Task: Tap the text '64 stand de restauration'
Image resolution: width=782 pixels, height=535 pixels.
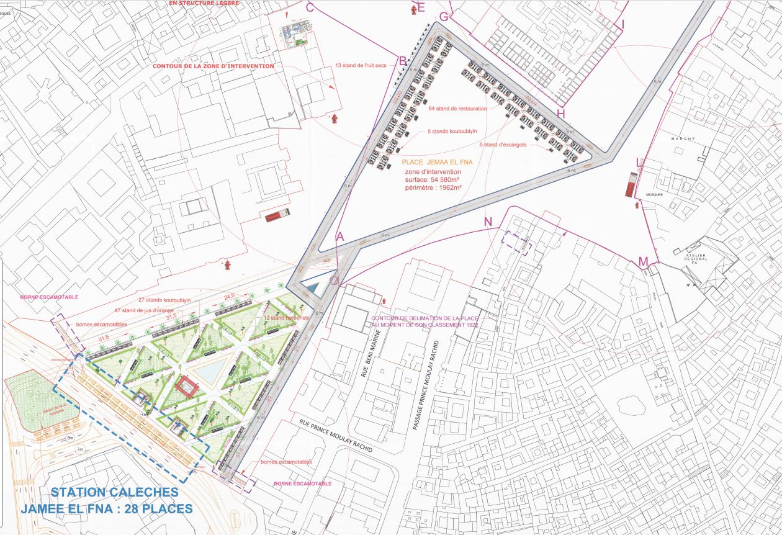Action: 457,108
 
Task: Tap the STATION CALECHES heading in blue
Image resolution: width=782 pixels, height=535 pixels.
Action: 114,492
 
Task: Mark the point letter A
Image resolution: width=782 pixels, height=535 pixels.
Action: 339,236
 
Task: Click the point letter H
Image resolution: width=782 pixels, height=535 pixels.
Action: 561,114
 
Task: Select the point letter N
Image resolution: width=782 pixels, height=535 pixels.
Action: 487,222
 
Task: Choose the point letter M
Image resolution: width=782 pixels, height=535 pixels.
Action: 644,261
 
